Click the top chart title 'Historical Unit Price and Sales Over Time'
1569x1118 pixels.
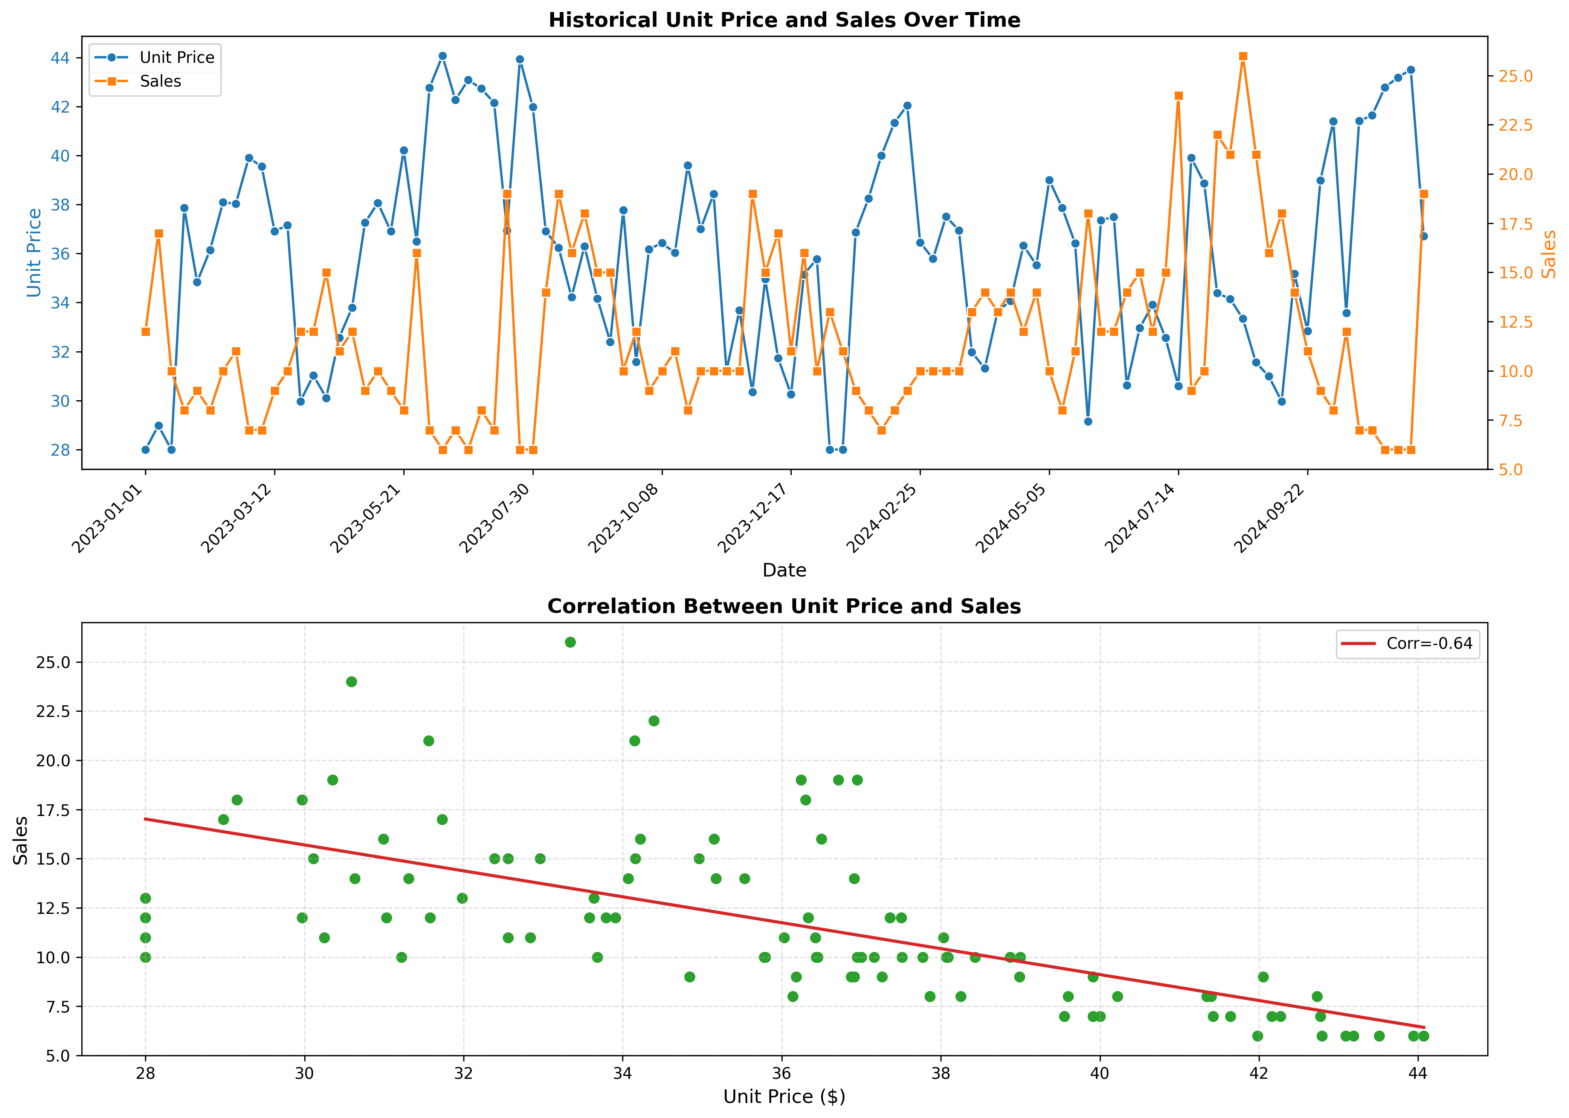[x=784, y=20]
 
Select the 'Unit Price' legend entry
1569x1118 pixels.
[x=177, y=57]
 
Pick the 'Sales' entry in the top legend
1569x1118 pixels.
[x=160, y=81]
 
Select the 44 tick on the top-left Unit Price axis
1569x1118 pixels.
[x=61, y=58]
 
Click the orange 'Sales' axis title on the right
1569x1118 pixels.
[x=1549, y=254]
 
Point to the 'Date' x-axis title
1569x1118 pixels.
[x=784, y=570]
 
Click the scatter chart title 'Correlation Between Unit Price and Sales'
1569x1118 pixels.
[x=784, y=607]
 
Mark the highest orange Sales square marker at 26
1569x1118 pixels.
[x=1243, y=56]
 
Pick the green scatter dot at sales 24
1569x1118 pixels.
[x=351, y=682]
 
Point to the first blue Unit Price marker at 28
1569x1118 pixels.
[x=145, y=450]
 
